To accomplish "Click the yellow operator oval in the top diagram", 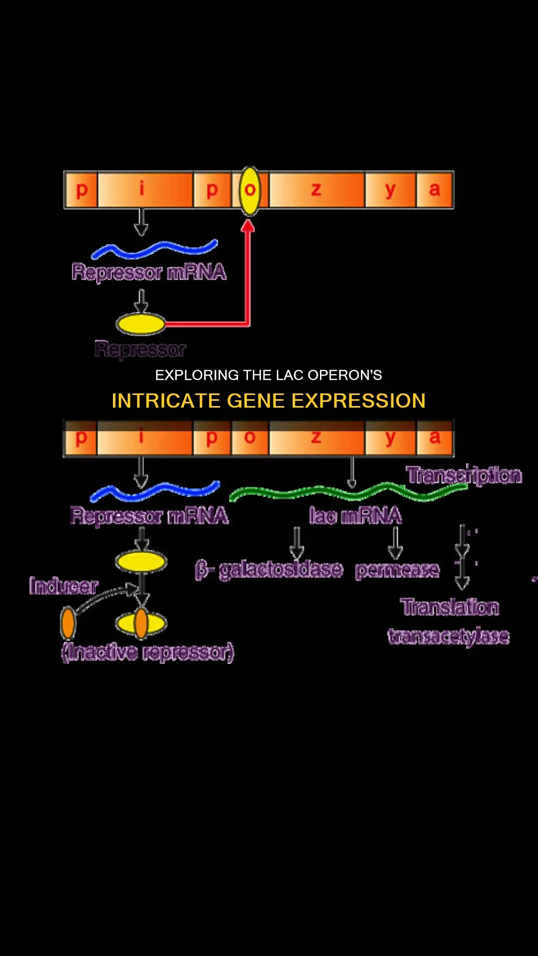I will (250, 191).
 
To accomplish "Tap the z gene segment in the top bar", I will (316, 190).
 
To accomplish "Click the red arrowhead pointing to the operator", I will (248, 226).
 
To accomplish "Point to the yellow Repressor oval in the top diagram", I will (140, 324).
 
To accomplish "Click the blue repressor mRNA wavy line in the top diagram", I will (155, 250).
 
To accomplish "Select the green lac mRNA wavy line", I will (347, 493).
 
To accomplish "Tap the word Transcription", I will (464, 475).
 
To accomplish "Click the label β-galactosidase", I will (269, 570).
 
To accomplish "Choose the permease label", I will (397, 570).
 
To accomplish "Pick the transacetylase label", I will (449, 636).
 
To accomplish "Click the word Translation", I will (450, 607).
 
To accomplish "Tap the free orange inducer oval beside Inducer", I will (68, 623).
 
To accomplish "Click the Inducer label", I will (64, 586).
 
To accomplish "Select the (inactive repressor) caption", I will (148, 652).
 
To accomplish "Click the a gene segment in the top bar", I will (434, 190).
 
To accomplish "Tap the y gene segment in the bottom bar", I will (390, 439).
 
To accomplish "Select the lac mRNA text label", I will (355, 516).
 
